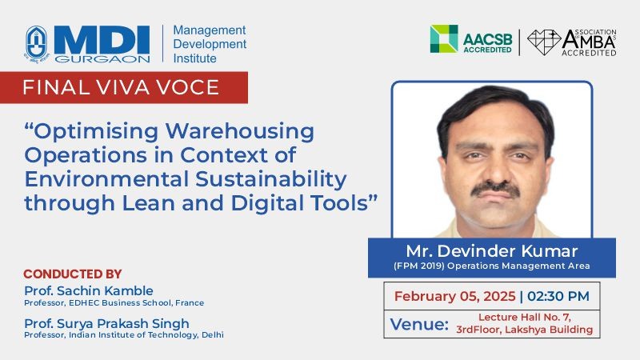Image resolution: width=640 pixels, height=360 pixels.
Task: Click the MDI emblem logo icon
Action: (x=37, y=44)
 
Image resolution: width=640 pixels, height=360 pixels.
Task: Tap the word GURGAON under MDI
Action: (x=102, y=58)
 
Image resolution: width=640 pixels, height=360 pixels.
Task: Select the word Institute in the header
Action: (x=194, y=58)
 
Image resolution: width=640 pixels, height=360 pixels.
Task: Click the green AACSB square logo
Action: (x=444, y=38)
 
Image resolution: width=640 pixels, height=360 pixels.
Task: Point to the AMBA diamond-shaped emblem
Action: (x=544, y=42)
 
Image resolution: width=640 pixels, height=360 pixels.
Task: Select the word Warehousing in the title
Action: (x=239, y=131)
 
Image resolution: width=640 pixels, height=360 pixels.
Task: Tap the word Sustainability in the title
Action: (x=271, y=179)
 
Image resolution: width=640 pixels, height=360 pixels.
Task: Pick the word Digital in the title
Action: (x=267, y=203)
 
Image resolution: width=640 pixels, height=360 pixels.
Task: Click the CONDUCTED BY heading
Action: (x=73, y=274)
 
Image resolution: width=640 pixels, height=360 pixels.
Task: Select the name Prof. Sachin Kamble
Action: (x=89, y=290)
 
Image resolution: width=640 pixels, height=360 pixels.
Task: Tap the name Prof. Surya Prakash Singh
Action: (x=106, y=323)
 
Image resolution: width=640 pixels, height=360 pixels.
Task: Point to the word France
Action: (x=190, y=303)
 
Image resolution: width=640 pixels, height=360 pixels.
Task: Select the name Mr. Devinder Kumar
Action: (x=492, y=250)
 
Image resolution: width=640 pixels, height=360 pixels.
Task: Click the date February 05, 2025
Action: (x=454, y=296)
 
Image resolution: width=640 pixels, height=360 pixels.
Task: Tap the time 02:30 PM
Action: (x=558, y=296)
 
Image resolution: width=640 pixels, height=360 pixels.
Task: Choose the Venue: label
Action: (x=419, y=324)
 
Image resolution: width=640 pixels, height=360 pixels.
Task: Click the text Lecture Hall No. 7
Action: (x=525, y=317)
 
